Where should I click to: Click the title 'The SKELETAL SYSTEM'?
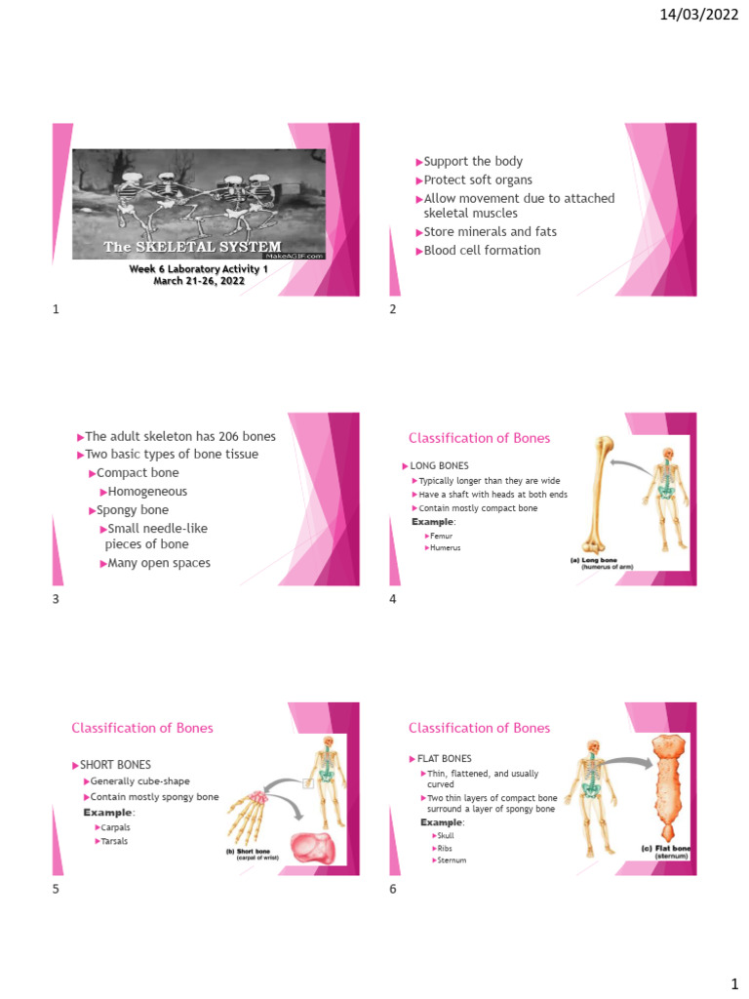(192, 247)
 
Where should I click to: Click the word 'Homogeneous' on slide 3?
(147, 492)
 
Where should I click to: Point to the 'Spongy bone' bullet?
(133, 510)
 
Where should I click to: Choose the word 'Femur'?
(441, 536)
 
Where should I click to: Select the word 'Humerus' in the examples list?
(445, 548)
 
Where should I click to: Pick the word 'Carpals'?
(116, 827)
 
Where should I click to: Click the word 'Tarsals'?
(115, 841)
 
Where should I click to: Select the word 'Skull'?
(445, 836)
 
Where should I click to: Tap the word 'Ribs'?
(444, 849)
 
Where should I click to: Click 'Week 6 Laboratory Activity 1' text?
(198, 268)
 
